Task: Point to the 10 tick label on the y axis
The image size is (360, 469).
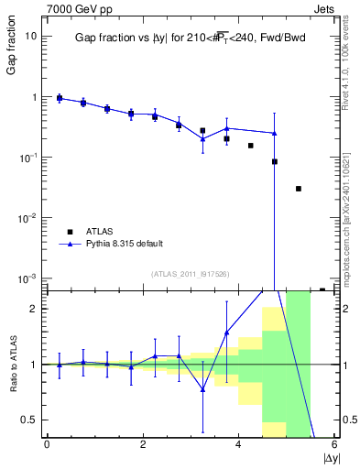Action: point(30,37)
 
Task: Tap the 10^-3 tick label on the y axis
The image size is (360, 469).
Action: point(28,278)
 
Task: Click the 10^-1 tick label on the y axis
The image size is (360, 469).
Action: point(28,157)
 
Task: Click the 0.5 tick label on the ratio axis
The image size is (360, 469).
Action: point(27,420)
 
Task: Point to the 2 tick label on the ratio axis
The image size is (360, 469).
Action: point(32,309)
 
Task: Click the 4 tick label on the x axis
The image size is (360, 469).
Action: point(238,444)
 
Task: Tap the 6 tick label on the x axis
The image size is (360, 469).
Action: point(334,444)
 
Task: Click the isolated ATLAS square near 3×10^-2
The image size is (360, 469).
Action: point(299,189)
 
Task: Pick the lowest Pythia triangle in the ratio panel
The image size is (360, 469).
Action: point(202,389)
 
